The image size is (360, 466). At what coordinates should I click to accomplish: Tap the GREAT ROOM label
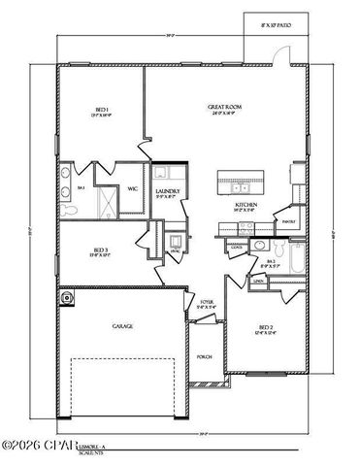(224, 108)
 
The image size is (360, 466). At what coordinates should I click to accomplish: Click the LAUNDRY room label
(168, 193)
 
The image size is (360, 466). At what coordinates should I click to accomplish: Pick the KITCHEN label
(245, 206)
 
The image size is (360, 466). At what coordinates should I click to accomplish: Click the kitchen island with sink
(239, 181)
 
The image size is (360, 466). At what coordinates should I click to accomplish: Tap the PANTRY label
(288, 221)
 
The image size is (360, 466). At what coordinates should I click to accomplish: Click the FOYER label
(207, 305)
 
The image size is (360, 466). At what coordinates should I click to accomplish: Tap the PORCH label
(205, 356)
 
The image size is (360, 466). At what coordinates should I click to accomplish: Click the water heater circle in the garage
(68, 297)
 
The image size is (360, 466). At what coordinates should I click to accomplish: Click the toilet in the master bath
(67, 208)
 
